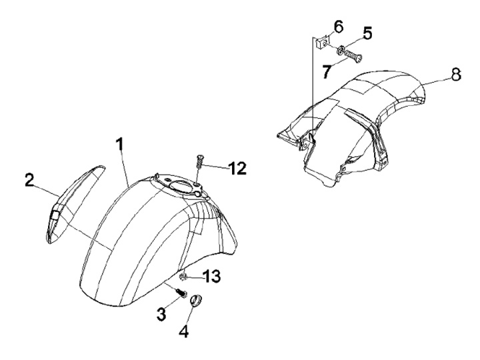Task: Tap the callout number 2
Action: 29,180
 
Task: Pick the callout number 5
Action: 367,32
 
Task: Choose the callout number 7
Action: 326,71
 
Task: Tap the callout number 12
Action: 237,169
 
